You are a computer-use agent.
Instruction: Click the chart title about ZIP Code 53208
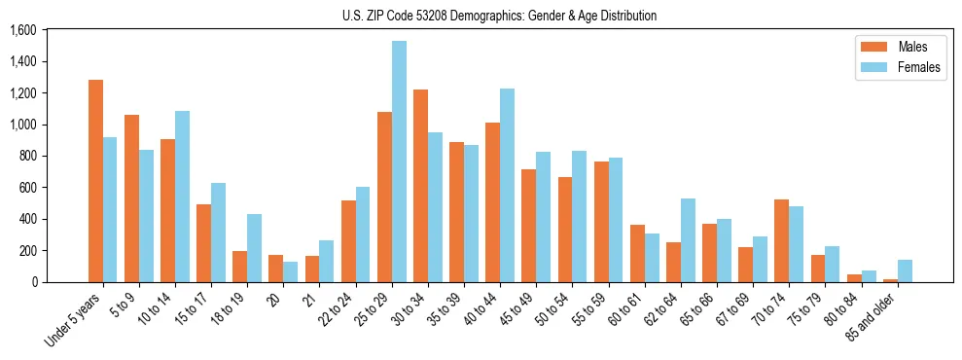tap(499, 16)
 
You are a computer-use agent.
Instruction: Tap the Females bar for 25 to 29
tap(399, 162)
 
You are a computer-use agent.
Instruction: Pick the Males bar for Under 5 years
tap(95, 181)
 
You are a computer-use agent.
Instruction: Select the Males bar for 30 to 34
tap(420, 186)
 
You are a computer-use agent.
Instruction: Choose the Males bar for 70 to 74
tap(781, 240)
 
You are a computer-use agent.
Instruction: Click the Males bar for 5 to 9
tap(131, 198)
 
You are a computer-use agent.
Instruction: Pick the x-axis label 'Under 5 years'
tap(74, 320)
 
